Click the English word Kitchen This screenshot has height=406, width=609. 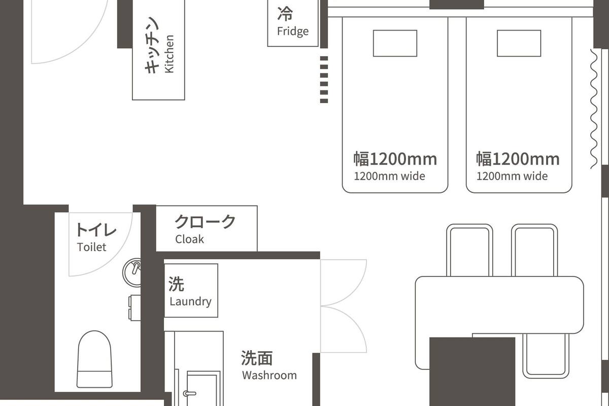170,54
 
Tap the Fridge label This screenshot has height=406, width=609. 293,31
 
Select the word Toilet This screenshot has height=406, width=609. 92,247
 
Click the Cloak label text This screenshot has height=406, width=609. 189,239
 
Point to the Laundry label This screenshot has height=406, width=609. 190,301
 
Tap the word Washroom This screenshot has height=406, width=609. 269,376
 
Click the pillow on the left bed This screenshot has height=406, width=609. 395,43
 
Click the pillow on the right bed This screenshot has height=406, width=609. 519,43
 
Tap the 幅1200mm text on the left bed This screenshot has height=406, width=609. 395,159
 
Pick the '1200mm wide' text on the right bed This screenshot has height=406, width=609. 512,177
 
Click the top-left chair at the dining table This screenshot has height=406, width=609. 469,250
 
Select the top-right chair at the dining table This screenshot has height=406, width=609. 534,250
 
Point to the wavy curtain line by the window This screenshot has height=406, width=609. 594,109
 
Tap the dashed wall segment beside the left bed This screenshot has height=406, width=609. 324,80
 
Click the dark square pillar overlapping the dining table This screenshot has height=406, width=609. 472,370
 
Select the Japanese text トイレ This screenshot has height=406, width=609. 96,230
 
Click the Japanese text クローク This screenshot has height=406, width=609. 205,222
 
